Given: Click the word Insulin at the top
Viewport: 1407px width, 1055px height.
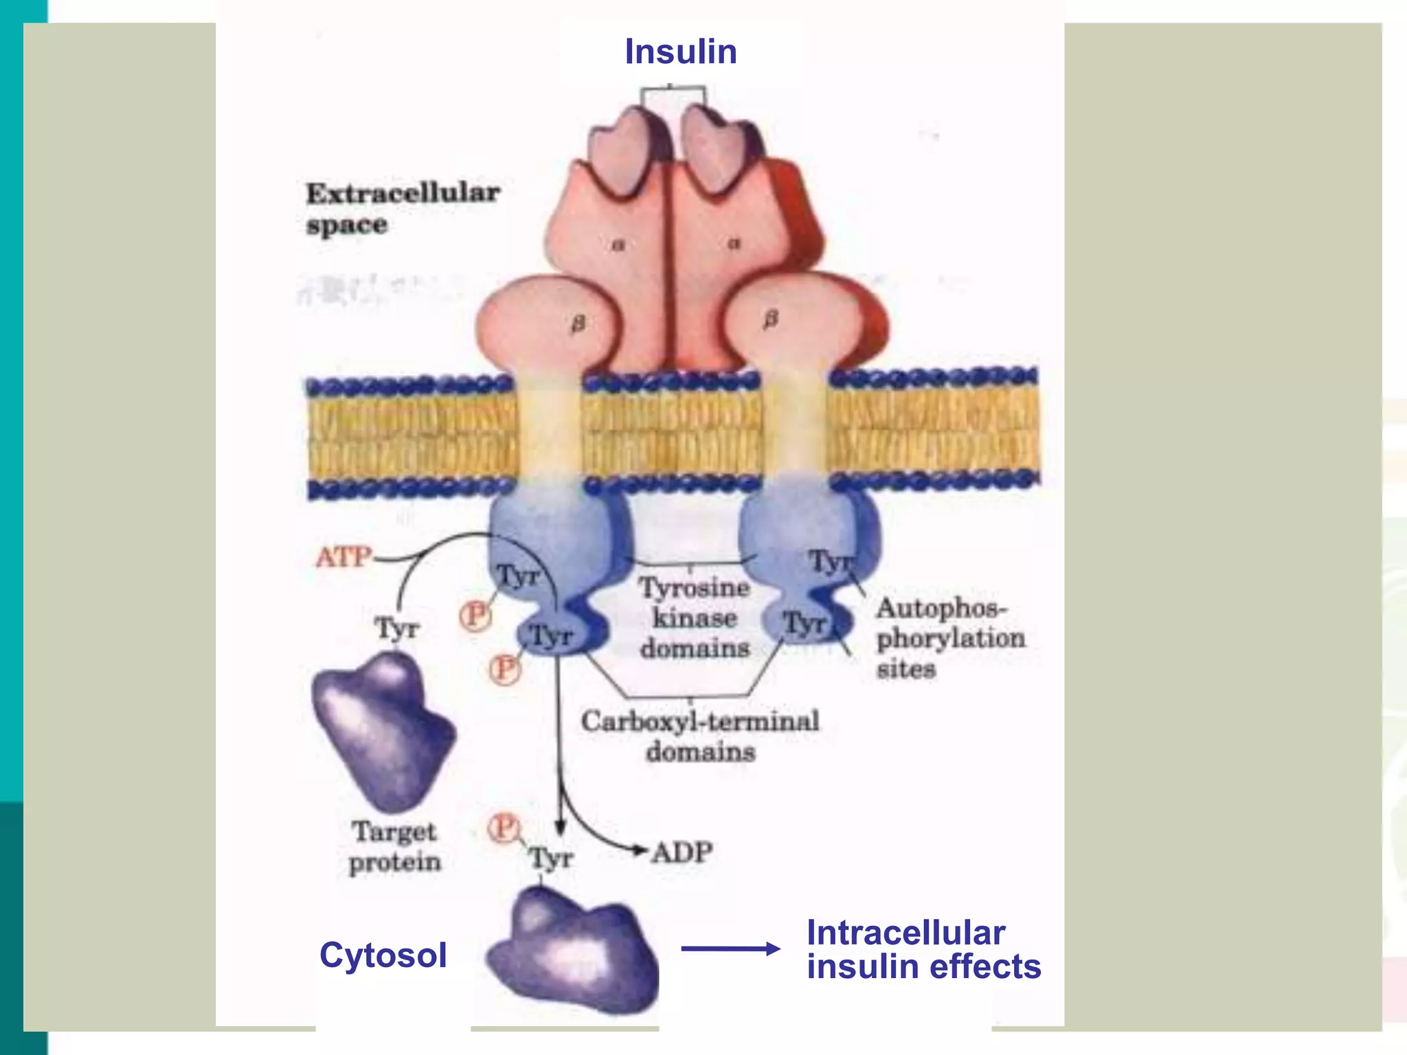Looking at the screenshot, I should click(x=680, y=52).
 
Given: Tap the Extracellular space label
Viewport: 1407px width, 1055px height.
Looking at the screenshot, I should click(x=402, y=208).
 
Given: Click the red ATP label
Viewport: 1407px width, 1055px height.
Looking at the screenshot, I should click(x=344, y=557).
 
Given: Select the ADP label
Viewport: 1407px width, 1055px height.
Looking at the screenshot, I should click(x=682, y=852).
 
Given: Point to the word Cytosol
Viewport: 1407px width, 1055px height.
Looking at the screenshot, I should click(x=383, y=955).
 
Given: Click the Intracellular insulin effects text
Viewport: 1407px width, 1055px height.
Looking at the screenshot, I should click(x=923, y=949).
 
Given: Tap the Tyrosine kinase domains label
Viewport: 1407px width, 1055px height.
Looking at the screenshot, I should click(x=694, y=617).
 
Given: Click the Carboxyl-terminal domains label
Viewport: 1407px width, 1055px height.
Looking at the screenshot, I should click(x=700, y=736).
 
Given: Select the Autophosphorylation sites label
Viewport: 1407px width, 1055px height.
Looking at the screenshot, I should click(x=950, y=638).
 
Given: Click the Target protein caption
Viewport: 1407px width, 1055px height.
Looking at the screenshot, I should click(x=394, y=846).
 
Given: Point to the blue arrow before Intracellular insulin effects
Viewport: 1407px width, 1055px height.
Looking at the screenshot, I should click(x=730, y=949).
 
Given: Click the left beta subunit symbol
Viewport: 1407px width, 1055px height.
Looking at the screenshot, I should click(x=578, y=323).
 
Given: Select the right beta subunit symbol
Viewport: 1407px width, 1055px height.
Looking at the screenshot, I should click(x=771, y=319).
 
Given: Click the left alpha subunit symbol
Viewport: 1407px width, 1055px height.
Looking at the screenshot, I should click(x=618, y=244).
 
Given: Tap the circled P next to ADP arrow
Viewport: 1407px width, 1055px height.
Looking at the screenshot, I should click(x=504, y=828).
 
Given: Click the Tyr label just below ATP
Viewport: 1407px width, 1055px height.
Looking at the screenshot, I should click(x=396, y=628).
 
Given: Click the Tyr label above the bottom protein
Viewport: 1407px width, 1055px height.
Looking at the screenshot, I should click(x=551, y=858).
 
